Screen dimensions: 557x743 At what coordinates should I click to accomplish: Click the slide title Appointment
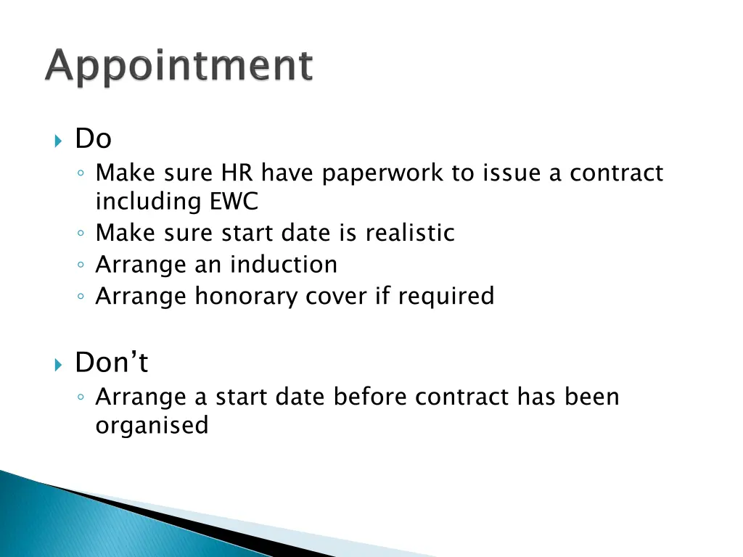179,67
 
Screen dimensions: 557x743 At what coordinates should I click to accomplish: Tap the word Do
94,138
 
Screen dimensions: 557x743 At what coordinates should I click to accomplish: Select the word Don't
112,362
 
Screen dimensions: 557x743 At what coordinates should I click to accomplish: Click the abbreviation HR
234,173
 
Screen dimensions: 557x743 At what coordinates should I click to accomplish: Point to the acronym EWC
234,202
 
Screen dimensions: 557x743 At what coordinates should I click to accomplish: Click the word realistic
410,233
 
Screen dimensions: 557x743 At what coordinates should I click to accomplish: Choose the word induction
284,265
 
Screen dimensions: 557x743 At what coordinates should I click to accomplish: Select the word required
446,297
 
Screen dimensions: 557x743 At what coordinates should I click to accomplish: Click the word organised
152,426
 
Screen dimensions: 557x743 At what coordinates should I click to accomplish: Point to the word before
371,397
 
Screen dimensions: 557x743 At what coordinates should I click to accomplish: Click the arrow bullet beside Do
59,139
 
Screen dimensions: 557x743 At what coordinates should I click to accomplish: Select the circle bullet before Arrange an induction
83,265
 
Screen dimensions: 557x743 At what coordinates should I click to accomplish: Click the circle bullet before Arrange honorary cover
83,297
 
